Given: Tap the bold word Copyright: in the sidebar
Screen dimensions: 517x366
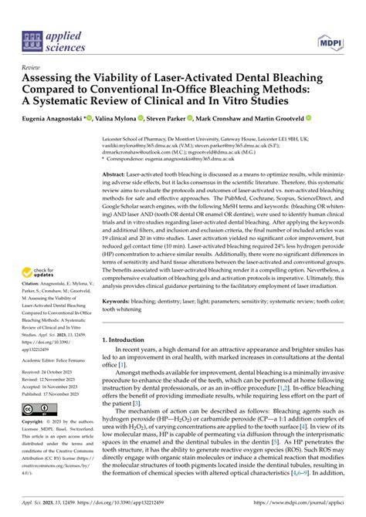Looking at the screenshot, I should pyautogui.click(x=36, y=423).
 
